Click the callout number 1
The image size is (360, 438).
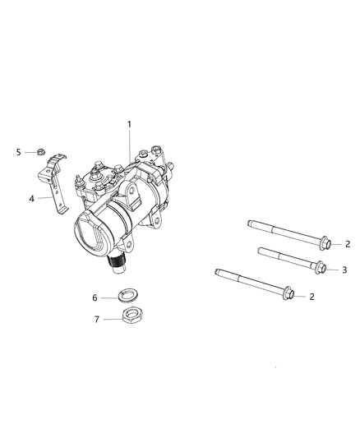(x=128, y=124)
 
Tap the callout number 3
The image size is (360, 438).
(x=344, y=269)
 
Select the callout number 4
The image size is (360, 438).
(x=32, y=198)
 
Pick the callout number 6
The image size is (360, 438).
(x=95, y=297)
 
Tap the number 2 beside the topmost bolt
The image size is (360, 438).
(x=348, y=243)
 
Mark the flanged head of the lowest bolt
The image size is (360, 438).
(x=290, y=292)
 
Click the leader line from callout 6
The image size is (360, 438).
(x=108, y=297)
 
